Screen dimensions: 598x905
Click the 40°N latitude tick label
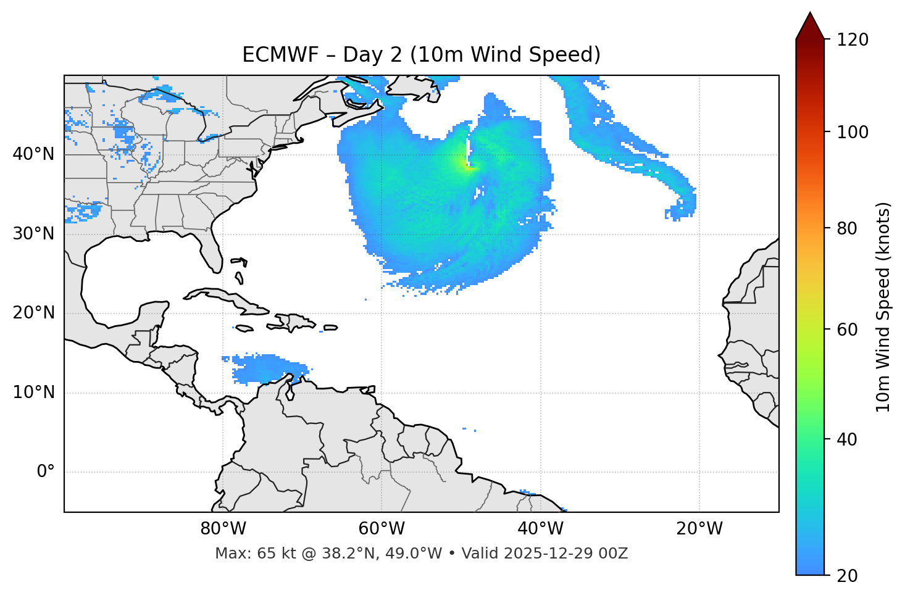pos(33,154)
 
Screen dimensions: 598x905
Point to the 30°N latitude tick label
pos(33,233)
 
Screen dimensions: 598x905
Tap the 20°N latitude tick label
pos(33,313)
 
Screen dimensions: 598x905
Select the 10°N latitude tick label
pos(33,392)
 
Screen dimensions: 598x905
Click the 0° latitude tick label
pos(45,471)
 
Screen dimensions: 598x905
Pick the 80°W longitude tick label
pos(223,529)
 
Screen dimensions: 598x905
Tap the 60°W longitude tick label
pos(382,529)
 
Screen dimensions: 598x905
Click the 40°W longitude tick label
pos(540,529)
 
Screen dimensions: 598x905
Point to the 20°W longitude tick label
pos(699,529)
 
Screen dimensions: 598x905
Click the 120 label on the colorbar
pos(853,40)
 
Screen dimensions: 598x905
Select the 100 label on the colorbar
pos(853,132)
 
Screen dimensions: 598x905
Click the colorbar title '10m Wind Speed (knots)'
pos(883,307)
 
